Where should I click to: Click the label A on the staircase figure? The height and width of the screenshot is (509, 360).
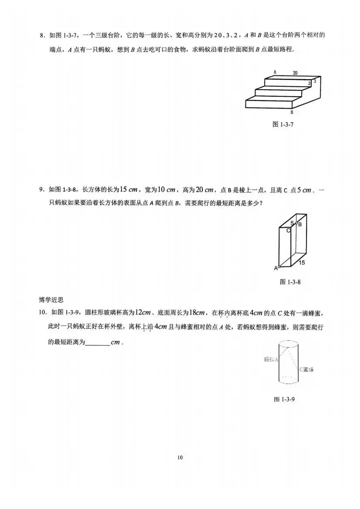click(x=275, y=72)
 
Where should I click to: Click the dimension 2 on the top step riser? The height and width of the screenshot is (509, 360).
click(x=309, y=83)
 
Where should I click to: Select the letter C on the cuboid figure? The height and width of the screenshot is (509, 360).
click(x=288, y=230)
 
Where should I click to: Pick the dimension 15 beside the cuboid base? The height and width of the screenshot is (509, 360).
click(x=301, y=263)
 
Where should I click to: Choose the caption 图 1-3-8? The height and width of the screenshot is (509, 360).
click(x=290, y=282)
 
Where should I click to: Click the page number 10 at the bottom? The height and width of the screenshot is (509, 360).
click(x=180, y=457)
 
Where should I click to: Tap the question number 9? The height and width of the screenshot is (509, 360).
click(x=42, y=189)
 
